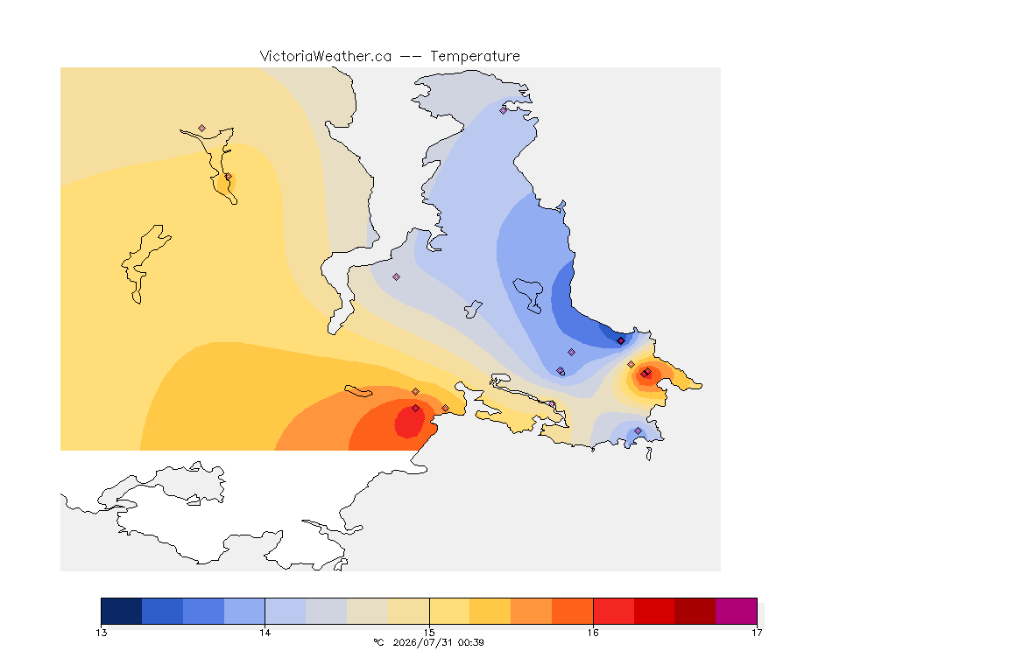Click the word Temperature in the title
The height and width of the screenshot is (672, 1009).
[x=475, y=57]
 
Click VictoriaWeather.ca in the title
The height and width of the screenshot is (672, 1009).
[x=326, y=57]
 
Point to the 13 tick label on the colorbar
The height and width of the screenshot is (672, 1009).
[x=101, y=633]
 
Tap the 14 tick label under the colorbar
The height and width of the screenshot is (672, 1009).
[x=265, y=633]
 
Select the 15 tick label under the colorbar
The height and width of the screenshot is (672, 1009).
[x=429, y=633]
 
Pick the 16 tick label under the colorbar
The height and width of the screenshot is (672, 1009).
[x=593, y=633]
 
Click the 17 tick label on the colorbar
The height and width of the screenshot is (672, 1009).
[x=757, y=633]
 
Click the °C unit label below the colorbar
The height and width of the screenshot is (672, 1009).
[x=378, y=642]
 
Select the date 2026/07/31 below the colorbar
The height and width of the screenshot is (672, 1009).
[x=422, y=642]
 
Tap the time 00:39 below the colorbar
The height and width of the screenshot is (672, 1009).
[x=470, y=642]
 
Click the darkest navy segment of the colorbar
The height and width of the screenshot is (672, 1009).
[x=122, y=611]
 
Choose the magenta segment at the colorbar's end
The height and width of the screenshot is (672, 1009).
[x=736, y=611]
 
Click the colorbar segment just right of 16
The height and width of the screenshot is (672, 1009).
[x=613, y=611]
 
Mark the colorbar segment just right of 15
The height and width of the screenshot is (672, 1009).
[x=450, y=611]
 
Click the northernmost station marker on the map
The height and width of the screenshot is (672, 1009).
[x=504, y=110]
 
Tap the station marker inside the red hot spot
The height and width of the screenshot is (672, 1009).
[x=416, y=409]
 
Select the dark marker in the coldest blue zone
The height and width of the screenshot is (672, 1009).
[x=621, y=341]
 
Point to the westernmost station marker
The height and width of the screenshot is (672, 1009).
[x=202, y=129]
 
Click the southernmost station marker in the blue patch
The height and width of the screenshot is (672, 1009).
[x=638, y=430]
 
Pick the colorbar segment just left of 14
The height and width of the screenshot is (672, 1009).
[x=244, y=611]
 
